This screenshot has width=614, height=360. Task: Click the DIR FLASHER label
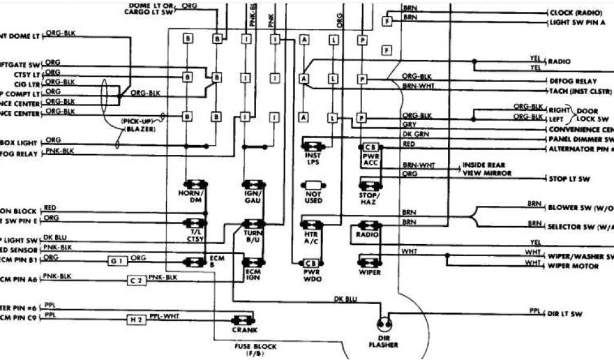[x=383, y=341]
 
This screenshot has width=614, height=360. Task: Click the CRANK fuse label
[x=244, y=330]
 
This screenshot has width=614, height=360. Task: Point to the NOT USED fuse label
[x=314, y=197]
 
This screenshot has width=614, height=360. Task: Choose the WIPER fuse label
[x=369, y=272]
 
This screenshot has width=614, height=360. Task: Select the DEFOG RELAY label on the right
[x=573, y=80]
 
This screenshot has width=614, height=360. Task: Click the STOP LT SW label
[x=570, y=179]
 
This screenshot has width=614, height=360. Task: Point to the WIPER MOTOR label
[x=573, y=266]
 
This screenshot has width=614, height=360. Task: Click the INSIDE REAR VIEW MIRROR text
[x=486, y=169]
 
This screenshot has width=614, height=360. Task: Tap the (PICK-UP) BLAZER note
[x=138, y=125]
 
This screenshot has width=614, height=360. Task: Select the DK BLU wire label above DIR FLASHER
[x=346, y=298]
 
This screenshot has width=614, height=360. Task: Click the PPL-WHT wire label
[x=165, y=315]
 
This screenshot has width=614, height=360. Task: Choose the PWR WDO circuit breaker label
[x=312, y=275]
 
